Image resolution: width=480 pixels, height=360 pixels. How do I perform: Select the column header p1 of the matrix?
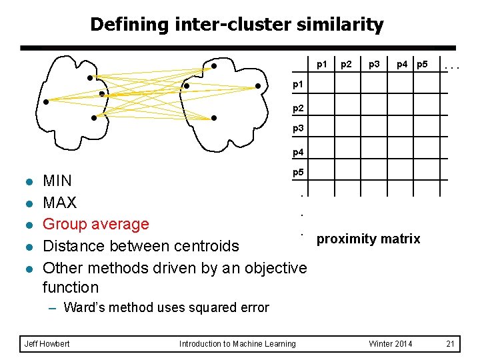(322, 65)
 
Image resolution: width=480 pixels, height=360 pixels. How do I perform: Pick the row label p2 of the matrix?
(298, 107)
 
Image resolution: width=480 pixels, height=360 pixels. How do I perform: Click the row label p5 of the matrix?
(298, 173)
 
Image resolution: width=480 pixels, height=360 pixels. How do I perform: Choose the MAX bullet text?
(59, 203)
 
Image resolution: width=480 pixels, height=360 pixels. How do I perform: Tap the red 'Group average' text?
(95, 224)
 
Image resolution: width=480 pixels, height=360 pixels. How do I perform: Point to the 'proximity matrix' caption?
(368, 239)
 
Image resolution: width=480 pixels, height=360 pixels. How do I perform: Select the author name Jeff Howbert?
(46, 344)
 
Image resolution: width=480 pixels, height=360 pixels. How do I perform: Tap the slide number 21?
(450, 344)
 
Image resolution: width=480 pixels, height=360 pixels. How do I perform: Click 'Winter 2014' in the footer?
(391, 344)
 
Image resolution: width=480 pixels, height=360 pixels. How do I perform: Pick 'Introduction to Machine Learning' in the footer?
(237, 344)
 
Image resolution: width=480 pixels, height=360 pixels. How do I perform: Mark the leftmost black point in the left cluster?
(46, 102)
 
